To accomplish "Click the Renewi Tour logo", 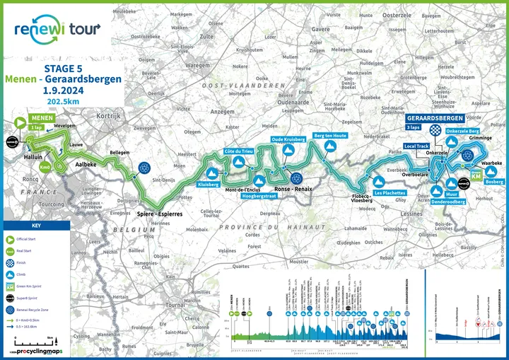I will (57, 29).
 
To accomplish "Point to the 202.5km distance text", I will (62, 101).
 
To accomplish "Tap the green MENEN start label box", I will (40, 118).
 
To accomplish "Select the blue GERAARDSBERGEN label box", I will (435, 117).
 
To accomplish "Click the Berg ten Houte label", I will (329, 135).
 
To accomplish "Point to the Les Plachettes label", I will (390, 192).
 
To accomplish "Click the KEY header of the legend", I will (36, 225).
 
